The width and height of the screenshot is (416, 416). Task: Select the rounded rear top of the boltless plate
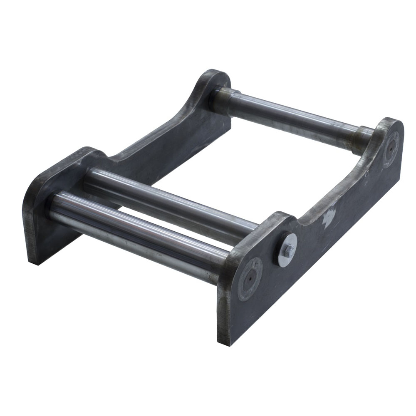[x=216, y=77]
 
